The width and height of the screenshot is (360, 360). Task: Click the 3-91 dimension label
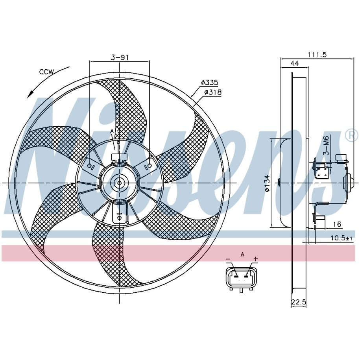120,57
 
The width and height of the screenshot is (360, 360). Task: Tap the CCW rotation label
46,72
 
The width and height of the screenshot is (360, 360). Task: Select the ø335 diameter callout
209,82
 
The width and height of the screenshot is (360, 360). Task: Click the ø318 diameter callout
213,92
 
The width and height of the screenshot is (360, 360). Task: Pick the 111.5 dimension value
317,54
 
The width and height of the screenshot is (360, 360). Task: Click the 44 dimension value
295,63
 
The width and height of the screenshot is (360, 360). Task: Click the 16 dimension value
337,224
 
